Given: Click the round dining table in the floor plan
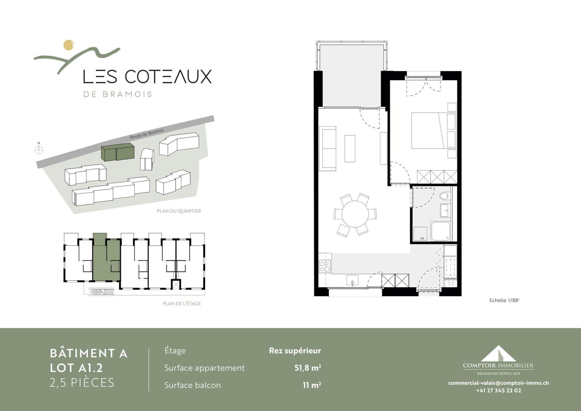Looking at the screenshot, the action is coord(355,214).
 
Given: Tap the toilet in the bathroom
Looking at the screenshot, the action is coord(445,196).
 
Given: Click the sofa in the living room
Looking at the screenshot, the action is coord(328,149).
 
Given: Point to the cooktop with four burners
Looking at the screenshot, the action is coord(325,267).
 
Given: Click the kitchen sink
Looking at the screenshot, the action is coord(352,280).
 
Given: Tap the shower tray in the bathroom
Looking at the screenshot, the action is coord(441,231).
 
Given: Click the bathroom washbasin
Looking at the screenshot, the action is coord(445,210).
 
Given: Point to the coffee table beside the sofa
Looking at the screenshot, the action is coord(350,149).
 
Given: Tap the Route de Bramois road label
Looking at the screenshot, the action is coord(147,134).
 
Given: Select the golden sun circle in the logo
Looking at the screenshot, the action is coord(69,45).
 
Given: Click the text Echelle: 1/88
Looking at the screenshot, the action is coord(504,300).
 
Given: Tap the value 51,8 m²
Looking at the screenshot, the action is coord(307,368).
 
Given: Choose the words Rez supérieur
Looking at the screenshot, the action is coord(295,351).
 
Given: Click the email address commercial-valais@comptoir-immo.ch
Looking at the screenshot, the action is coord(498,383).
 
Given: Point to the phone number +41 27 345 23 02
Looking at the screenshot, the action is coord(499,390).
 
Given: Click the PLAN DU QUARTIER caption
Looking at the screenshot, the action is coord(179,211).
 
